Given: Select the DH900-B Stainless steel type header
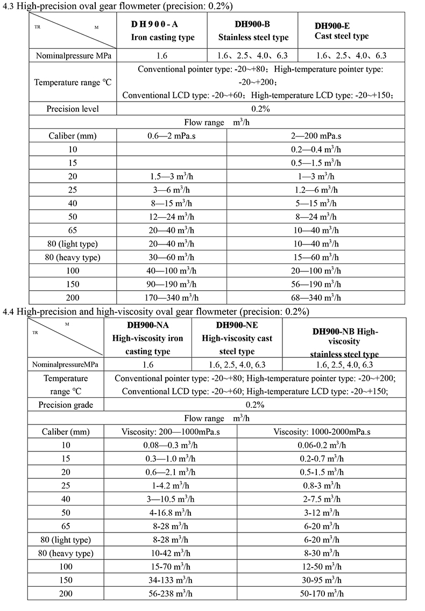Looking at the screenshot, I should click(253, 31).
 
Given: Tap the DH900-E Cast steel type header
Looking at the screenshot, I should click(342, 31).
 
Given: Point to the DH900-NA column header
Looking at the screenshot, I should click(148, 339).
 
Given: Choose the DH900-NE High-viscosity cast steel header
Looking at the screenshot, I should click(237, 339).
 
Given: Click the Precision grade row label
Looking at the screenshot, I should click(66, 405).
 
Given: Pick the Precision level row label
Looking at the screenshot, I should click(73, 109).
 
